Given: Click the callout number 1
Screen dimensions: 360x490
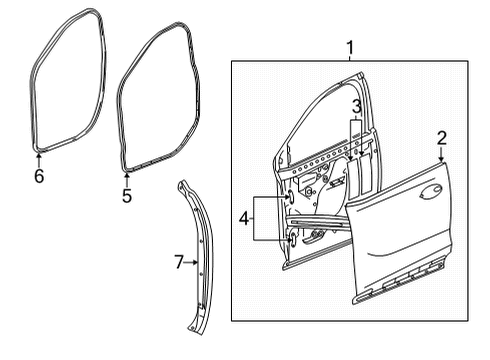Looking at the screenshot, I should click(x=350, y=47).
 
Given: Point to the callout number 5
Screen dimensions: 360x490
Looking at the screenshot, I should click(x=127, y=195).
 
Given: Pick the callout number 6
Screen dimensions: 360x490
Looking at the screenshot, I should click(x=39, y=176).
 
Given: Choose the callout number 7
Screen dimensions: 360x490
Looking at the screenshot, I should click(x=179, y=263).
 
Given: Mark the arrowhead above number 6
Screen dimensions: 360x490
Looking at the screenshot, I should click(x=39, y=155).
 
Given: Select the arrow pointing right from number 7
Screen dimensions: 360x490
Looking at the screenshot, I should click(x=196, y=263).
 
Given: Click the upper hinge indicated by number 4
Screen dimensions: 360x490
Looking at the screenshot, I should click(x=290, y=198).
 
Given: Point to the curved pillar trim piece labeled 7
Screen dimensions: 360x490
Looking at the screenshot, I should click(x=201, y=250).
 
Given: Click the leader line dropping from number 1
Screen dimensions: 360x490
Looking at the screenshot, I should click(x=350, y=60).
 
